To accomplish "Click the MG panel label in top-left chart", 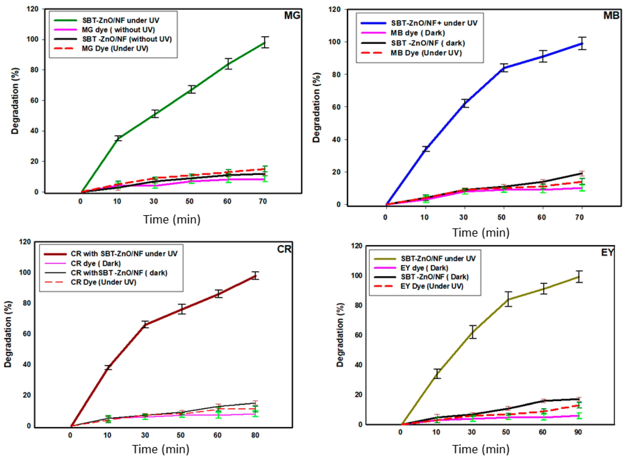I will coord(292,15).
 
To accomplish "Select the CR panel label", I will coord(284,249).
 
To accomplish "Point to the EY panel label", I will coord(607,252).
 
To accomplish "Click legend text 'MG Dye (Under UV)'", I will coord(115,49).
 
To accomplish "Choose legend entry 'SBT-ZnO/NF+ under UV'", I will coord(434,23).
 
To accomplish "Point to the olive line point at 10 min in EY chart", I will coord(437,374).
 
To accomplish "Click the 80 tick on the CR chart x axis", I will coord(255,435).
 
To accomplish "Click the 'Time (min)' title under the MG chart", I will coord(172,219).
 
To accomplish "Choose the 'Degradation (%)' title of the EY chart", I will coord(340,335).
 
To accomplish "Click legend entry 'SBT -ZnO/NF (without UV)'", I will coord(127,39).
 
